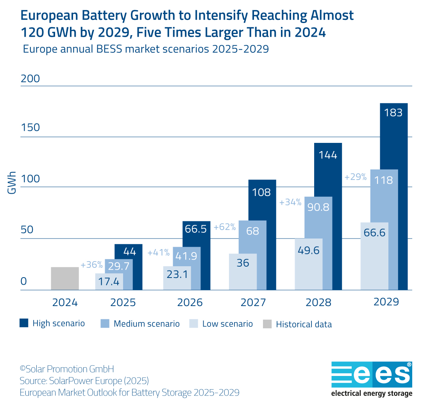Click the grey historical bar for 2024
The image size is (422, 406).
coord(64,278)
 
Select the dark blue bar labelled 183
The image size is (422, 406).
coord(393,195)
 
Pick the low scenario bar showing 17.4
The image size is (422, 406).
coord(109,281)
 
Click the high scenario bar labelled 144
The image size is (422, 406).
coord(328,215)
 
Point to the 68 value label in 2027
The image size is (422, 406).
coord(253,231)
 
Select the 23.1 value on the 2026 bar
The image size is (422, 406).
coord(177,274)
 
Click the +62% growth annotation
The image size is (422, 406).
coord(224,227)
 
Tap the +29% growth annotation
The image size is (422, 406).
coord(355,177)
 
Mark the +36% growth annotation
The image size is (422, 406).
coord(91,265)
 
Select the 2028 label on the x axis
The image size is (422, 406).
coord(318,303)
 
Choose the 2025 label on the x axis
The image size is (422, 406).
coord(123,303)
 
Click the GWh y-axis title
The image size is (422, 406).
coord(12,183)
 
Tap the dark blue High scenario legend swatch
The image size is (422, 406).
coord(24,323)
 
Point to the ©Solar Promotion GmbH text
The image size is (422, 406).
coord(67,369)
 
